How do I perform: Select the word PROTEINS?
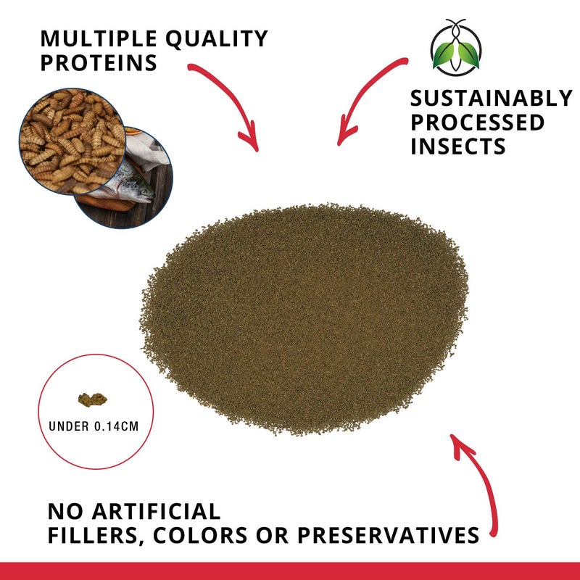point(99,63)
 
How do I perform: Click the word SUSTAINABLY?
point(491,99)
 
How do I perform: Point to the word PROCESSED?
point(478,123)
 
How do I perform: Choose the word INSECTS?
point(458,146)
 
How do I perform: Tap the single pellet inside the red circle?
point(91,399)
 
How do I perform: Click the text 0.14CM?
point(115,426)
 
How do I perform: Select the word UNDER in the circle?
point(69,426)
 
